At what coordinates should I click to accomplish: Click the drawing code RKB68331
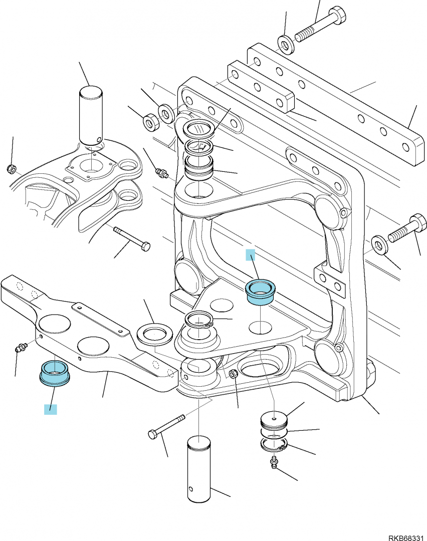tap(405, 537)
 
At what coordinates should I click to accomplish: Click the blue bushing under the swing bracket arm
tap(55, 373)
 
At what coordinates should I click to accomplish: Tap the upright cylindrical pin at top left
tap(91, 115)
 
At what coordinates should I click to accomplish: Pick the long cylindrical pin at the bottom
tap(199, 468)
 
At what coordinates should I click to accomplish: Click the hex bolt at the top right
tap(320, 25)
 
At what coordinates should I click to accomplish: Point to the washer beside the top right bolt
tap(286, 44)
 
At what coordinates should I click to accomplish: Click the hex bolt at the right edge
tap(407, 229)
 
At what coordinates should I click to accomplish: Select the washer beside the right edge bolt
tap(380, 245)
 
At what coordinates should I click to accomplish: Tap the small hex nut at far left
tap(12, 169)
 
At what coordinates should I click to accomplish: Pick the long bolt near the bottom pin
tap(166, 427)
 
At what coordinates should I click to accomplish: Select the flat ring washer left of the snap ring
tap(155, 334)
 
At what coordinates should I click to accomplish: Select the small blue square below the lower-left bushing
tap(51, 409)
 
